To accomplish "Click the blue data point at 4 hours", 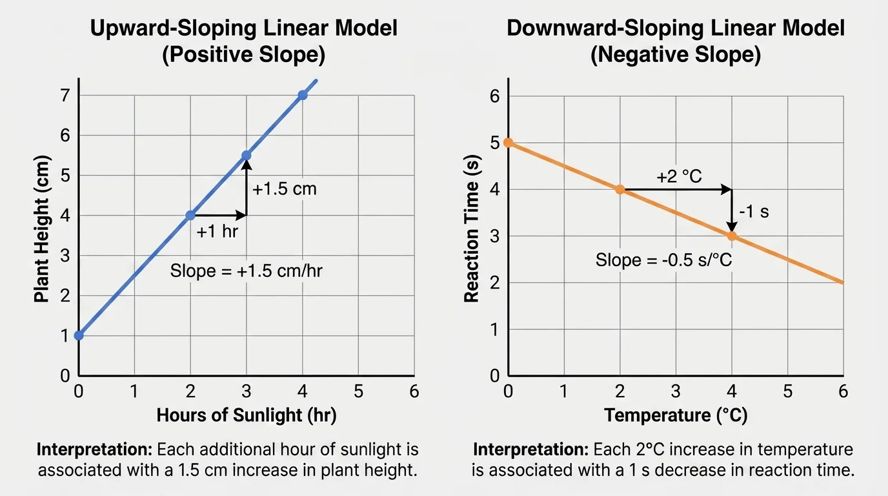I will coord(302,96).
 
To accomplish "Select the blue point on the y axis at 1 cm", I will coord(79,335).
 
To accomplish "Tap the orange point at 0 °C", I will coord(508,143).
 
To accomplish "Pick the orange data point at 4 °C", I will coord(732,236).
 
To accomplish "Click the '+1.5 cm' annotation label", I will coord(285,190).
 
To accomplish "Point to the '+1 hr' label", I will coord(217,232).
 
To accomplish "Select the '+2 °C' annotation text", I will coord(679,176).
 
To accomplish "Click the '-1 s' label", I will coord(753,211).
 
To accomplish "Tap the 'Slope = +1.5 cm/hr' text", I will coord(247,271).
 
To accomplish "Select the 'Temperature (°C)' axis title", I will coord(676,415).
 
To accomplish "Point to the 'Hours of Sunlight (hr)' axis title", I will coord(247,415).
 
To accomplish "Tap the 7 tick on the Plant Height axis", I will coord(65,96).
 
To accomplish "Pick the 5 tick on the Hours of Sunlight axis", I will coord(358,392).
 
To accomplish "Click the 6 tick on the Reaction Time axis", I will coord(496,96).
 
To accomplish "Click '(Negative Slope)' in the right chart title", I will coord(676,55).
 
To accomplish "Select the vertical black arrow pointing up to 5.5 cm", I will coord(246,187).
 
